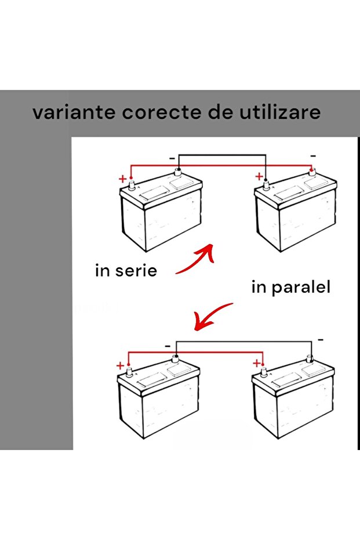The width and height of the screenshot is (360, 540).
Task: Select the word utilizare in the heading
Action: point(280,113)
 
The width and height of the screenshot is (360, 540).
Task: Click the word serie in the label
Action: point(136,270)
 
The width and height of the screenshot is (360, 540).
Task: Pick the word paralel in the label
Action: point(301,288)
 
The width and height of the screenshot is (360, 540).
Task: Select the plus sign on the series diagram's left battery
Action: point(122,179)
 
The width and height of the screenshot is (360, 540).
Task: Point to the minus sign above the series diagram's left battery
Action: point(172,158)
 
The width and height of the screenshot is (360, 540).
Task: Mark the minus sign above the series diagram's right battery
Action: point(313,156)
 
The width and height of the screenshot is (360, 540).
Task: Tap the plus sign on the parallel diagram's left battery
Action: point(120,365)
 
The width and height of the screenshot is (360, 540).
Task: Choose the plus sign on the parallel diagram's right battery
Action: point(256,363)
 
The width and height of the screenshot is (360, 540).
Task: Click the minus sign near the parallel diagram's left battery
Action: point(168,346)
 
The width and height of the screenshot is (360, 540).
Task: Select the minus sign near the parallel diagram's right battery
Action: point(321,340)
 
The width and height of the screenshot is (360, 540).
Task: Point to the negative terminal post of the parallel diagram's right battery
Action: point(310,359)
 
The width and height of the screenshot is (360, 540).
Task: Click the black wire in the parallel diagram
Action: point(243,342)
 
